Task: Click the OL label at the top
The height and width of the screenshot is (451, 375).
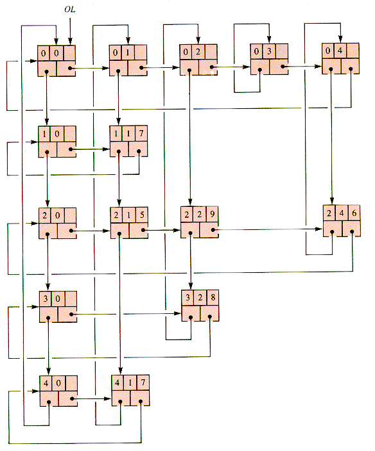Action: (x=70, y=10)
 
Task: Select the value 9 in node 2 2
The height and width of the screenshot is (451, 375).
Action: (x=212, y=214)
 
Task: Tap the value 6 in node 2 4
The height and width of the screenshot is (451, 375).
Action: (x=354, y=213)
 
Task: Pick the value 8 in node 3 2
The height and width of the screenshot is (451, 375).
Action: (x=213, y=297)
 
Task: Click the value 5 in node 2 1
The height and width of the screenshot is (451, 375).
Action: (x=141, y=215)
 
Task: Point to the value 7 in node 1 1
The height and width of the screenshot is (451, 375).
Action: (x=141, y=133)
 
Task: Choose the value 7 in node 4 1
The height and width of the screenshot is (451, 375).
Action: (x=143, y=382)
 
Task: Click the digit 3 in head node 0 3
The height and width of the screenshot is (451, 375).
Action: (x=269, y=51)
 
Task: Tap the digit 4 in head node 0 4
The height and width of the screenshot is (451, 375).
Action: (x=340, y=51)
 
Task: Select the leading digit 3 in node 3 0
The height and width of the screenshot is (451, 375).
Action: (x=45, y=299)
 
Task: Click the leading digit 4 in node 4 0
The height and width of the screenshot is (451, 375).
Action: (x=46, y=383)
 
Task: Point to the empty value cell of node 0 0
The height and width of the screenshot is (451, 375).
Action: (x=69, y=53)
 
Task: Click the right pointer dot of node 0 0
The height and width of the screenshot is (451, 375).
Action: (x=70, y=68)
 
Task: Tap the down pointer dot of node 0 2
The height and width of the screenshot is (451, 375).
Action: (x=189, y=70)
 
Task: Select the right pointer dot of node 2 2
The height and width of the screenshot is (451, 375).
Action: (x=213, y=230)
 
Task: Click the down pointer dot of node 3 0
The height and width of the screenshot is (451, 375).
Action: (x=48, y=318)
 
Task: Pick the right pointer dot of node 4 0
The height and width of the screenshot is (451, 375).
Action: (x=72, y=399)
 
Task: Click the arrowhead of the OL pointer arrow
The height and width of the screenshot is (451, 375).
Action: (x=70, y=42)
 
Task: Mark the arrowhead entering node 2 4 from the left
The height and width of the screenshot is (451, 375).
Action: (x=319, y=229)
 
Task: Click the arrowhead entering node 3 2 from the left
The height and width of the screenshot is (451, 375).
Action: (x=178, y=313)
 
